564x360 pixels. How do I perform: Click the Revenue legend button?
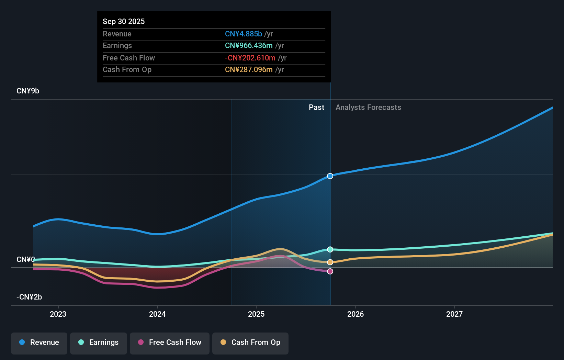(x=39, y=343)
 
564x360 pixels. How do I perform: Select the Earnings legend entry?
(x=99, y=343)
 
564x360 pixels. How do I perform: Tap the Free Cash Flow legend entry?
(x=170, y=343)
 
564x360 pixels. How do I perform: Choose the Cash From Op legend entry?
(x=250, y=343)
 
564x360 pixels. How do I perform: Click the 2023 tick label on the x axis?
(x=58, y=314)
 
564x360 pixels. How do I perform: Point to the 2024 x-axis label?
(x=157, y=314)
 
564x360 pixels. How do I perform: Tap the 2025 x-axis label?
(x=256, y=314)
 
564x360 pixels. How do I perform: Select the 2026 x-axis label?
(x=356, y=314)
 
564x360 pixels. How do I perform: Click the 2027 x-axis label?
(x=454, y=314)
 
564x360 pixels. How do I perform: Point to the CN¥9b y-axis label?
(x=28, y=91)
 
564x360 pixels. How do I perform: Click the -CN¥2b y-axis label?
(x=29, y=297)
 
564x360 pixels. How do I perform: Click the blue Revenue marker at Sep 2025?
(x=330, y=176)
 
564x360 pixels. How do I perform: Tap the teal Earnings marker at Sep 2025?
(x=330, y=249)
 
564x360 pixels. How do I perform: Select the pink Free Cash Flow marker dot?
(x=330, y=271)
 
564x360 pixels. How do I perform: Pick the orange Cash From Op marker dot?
(x=330, y=262)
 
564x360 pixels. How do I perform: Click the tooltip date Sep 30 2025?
(x=124, y=22)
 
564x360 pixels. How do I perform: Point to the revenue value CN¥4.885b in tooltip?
(x=243, y=34)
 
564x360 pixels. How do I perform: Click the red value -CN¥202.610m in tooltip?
(x=250, y=58)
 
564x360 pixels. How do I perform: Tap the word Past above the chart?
(x=316, y=108)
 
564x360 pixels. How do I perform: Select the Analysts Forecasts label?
(x=368, y=108)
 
